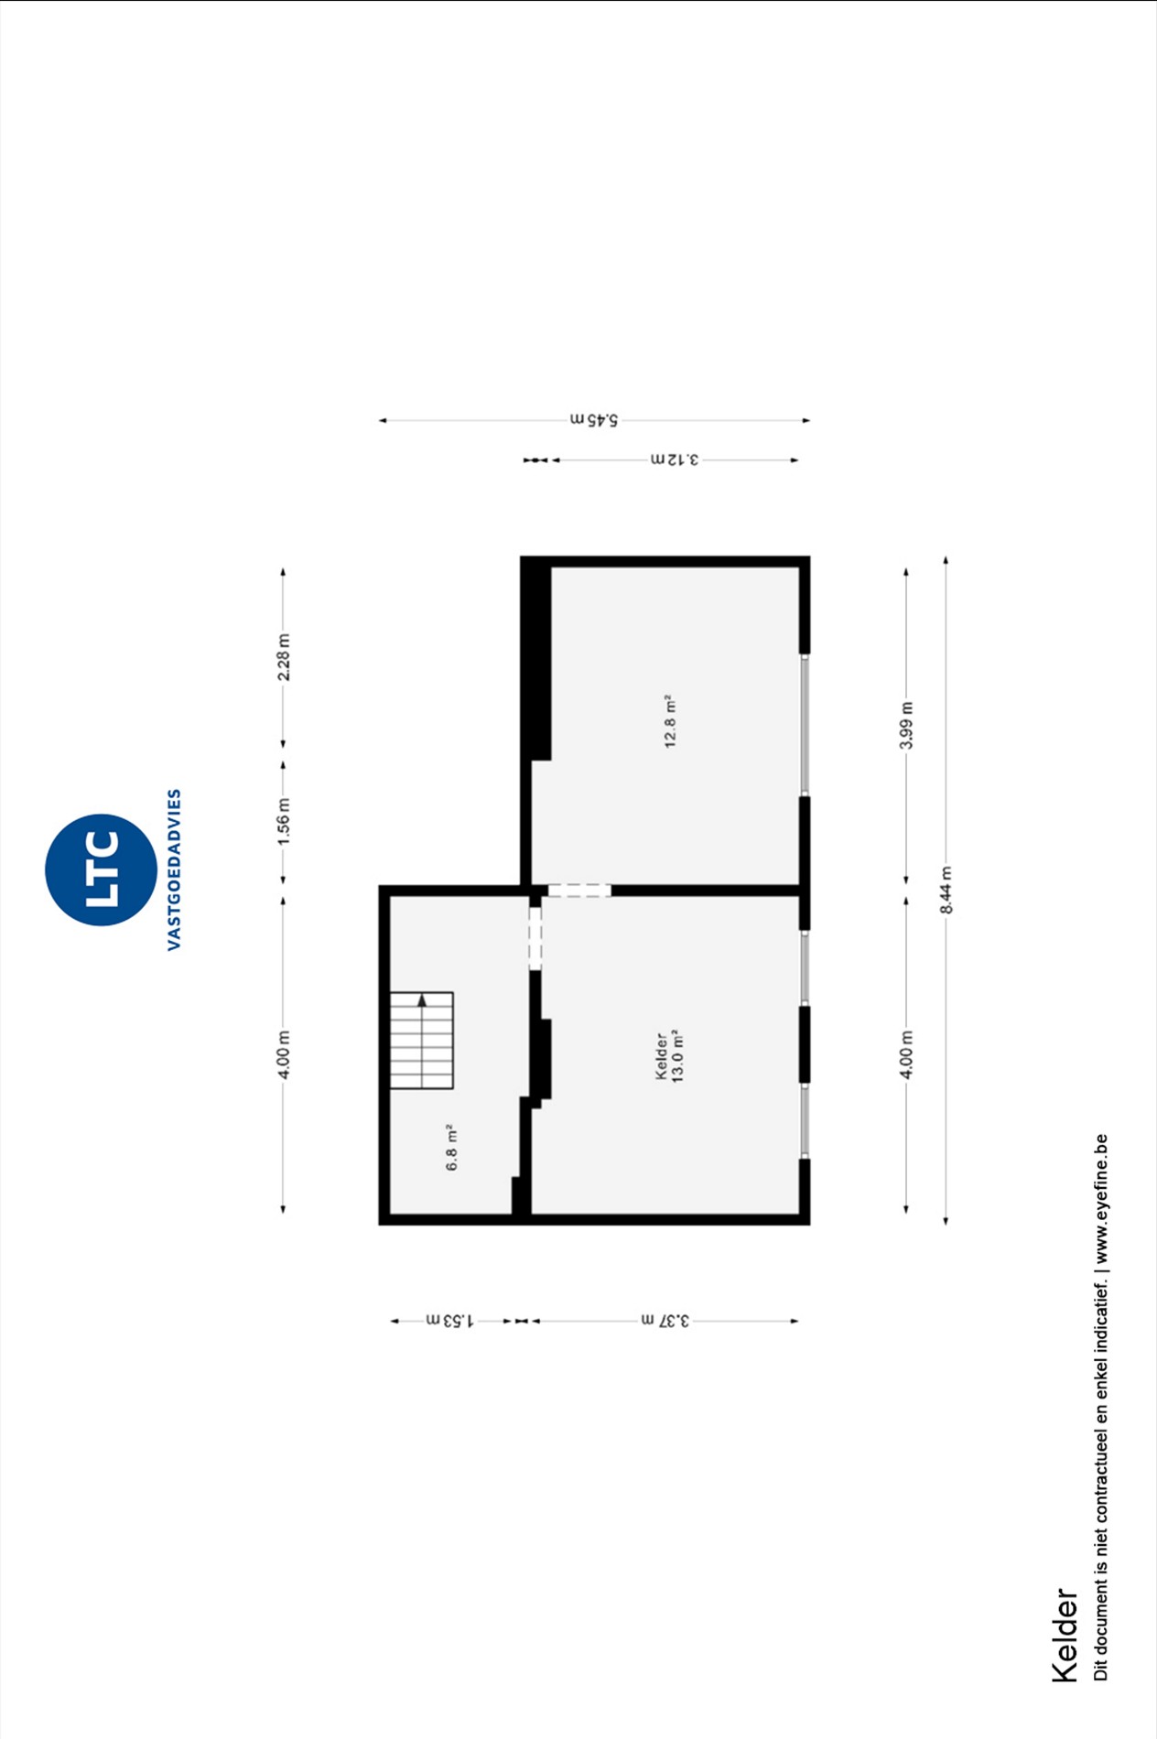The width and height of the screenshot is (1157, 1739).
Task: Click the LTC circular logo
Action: click(x=101, y=869)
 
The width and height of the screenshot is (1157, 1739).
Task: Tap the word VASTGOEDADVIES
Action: click(x=174, y=869)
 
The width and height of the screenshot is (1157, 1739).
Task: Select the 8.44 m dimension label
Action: click(x=946, y=890)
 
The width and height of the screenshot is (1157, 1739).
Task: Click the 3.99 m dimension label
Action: click(x=906, y=725)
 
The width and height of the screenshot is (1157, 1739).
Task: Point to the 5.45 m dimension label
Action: click(x=595, y=420)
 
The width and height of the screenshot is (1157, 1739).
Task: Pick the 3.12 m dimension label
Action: click(x=675, y=459)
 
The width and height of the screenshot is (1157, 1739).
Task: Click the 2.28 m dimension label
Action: click(x=284, y=657)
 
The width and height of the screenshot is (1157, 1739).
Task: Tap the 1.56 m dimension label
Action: click(x=284, y=821)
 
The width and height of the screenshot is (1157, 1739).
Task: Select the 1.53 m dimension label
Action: click(x=449, y=1321)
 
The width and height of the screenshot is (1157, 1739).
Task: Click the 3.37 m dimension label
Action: click(x=665, y=1321)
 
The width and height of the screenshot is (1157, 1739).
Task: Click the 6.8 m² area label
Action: click(x=451, y=1148)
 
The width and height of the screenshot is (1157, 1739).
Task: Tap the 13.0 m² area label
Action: click(x=678, y=1056)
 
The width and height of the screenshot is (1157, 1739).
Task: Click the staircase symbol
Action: click(x=422, y=1041)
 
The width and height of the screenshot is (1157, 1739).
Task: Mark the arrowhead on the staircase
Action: click(x=422, y=1000)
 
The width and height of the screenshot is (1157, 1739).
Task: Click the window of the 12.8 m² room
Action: click(x=805, y=725)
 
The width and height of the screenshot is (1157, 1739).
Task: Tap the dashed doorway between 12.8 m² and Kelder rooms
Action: click(x=579, y=891)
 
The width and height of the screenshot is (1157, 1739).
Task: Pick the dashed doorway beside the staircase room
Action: click(x=535, y=938)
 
